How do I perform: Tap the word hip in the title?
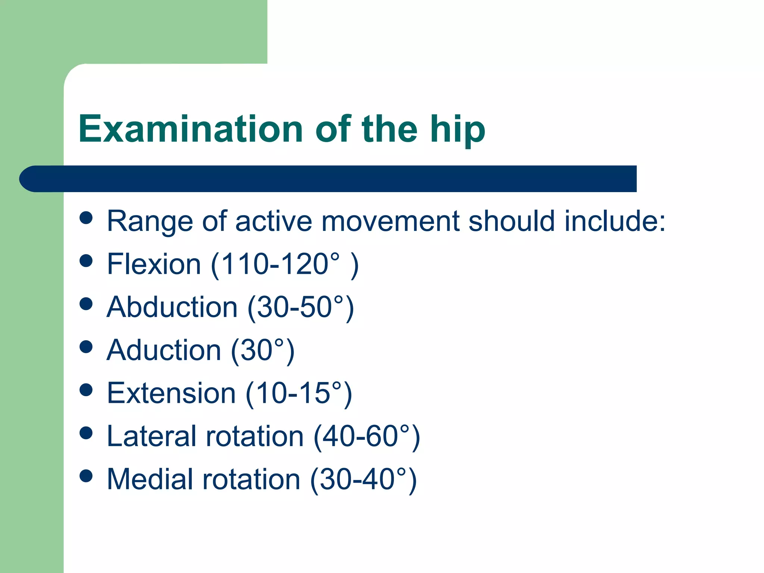457,130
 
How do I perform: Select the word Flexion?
154,264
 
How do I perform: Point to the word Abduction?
172,307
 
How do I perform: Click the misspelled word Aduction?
164,350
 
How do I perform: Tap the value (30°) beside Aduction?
263,351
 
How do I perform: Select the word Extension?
171,393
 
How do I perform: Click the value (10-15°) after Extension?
299,394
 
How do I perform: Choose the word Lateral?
151,436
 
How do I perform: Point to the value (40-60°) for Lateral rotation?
367,437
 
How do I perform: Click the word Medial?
150,479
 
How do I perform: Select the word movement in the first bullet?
390,221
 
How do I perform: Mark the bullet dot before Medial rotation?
86,476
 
